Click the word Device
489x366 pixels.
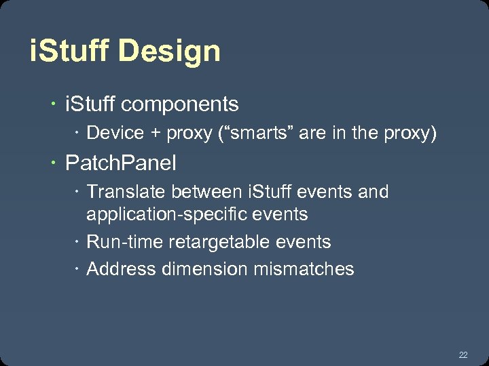click(115, 133)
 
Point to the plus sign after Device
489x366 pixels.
click(156, 134)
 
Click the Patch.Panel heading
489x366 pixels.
click(120, 163)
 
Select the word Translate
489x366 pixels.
click(126, 192)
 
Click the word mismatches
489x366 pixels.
click(304, 269)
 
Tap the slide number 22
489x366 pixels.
click(463, 354)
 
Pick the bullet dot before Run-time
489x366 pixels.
click(78, 243)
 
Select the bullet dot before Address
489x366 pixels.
click(78, 270)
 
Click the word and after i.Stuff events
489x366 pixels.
click(373, 192)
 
